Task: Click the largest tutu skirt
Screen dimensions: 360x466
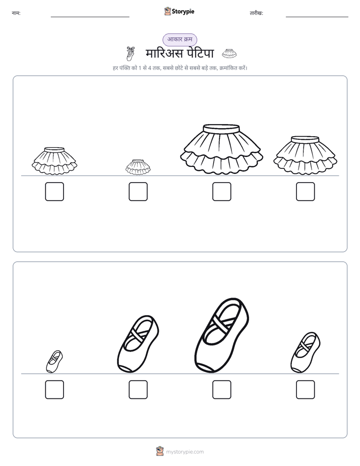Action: pyautogui.click(x=221, y=149)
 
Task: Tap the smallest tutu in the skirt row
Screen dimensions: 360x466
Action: pyautogui.click(x=138, y=167)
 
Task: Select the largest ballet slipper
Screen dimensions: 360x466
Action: pyautogui.click(x=221, y=335)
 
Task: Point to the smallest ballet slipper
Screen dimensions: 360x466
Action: pyautogui.click(x=54, y=362)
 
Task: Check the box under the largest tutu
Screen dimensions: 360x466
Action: pyautogui.click(x=221, y=192)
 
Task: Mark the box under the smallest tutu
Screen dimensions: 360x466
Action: pyautogui.click(x=138, y=192)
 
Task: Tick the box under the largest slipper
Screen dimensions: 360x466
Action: pyautogui.click(x=221, y=389)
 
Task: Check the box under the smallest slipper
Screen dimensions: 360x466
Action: pyautogui.click(x=54, y=389)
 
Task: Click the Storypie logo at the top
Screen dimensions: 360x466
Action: pyautogui.click(x=179, y=11)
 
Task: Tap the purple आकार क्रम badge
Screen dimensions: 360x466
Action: pyautogui.click(x=179, y=39)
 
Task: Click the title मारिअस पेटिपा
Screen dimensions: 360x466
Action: pyautogui.click(x=179, y=53)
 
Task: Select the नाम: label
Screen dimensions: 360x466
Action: pyautogui.click(x=16, y=13)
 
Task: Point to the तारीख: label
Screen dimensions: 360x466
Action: pyautogui.click(x=256, y=13)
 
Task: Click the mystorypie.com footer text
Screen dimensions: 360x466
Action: pyautogui.click(x=185, y=452)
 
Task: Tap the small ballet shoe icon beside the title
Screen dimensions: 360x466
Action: pyautogui.click(x=131, y=53)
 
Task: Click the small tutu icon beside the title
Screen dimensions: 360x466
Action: pyautogui.click(x=229, y=53)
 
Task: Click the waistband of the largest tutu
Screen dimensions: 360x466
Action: pyautogui.click(x=221, y=128)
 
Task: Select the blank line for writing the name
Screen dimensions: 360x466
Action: pyautogui.click(x=90, y=17)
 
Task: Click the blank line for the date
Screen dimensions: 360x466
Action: pyautogui.click(x=317, y=17)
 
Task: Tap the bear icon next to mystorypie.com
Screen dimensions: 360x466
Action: pyautogui.click(x=160, y=451)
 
